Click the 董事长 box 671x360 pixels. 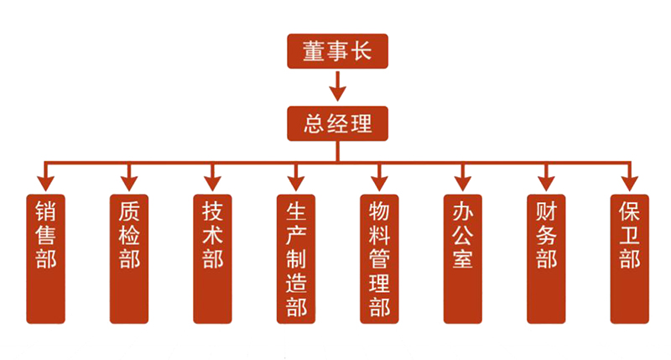pos(338,52)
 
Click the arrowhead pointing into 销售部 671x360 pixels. pos(46,180)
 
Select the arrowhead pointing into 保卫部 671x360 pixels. pos(629,180)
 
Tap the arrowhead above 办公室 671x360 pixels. pos(463,180)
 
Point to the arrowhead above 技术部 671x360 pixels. pos(212,180)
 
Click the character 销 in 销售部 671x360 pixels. pos(46,210)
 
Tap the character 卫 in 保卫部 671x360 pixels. pos(629,233)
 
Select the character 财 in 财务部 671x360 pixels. pos(546,210)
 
